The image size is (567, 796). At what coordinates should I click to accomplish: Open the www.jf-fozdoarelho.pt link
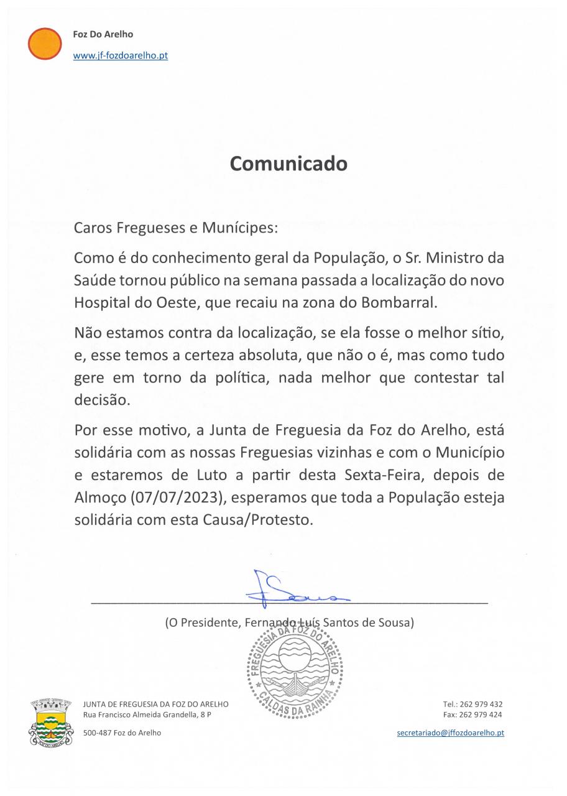tap(121, 55)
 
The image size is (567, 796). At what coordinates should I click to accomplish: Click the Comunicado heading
tap(288, 164)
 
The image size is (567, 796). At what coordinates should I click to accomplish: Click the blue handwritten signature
tap(298, 589)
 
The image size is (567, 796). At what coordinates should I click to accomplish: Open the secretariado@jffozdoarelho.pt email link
tap(450, 733)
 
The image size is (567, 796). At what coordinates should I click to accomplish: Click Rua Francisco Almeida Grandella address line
tap(147, 715)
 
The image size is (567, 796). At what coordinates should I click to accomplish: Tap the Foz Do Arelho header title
tap(103, 34)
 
